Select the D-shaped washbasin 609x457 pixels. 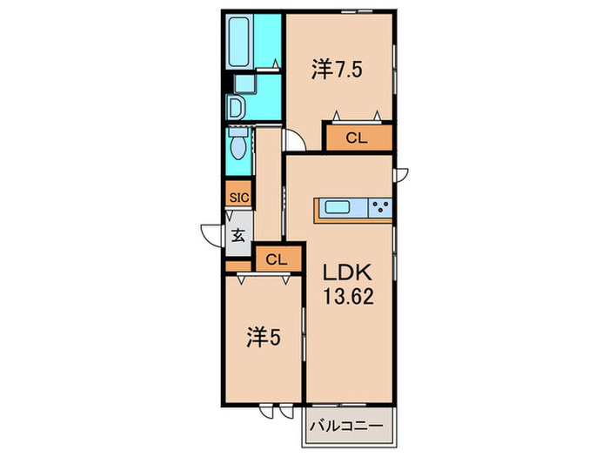(x=236, y=107)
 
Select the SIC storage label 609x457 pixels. (x=238, y=198)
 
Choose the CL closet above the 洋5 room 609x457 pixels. (x=277, y=259)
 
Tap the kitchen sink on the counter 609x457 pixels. (x=337, y=208)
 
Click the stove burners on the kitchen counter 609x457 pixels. (x=379, y=208)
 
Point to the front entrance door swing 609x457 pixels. (x=211, y=237)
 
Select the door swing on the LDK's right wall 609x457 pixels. (x=401, y=173)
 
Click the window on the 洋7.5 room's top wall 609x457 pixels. (x=353, y=13)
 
